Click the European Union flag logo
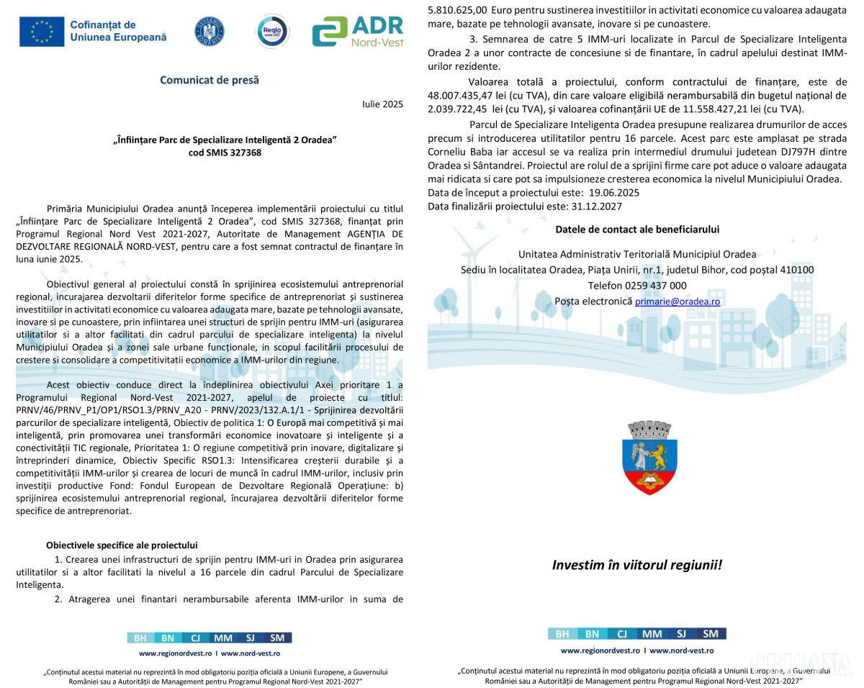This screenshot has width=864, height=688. click(42, 32)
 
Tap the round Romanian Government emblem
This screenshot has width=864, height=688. click(210, 31)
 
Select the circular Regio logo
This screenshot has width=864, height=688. click(273, 31)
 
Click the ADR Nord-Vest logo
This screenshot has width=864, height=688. click(357, 32)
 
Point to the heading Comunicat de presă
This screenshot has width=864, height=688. click(210, 80)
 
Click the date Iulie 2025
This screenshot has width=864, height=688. click(382, 104)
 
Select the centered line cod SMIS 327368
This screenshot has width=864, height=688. click(225, 153)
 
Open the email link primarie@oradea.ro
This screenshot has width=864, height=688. click(677, 302)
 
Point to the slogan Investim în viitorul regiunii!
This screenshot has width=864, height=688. click(636, 565)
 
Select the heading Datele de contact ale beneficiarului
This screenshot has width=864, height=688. click(637, 230)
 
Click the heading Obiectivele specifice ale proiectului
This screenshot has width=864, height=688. click(122, 546)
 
